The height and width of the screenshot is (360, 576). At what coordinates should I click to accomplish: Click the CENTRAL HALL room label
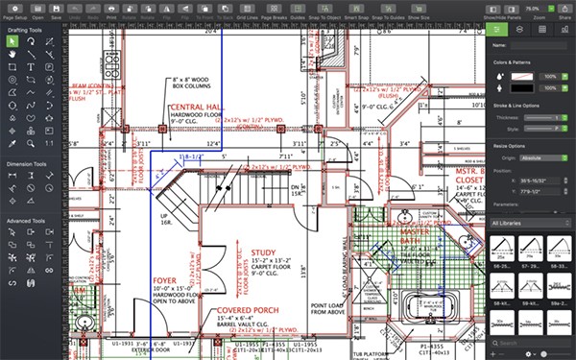[199, 107]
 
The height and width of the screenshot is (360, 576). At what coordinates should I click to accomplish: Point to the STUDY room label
[263, 252]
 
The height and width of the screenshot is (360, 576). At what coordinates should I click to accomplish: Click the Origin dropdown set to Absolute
[543, 155]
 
